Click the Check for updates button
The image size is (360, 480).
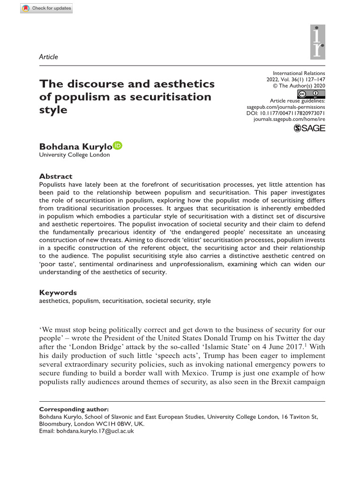coord(46,8)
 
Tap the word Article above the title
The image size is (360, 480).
coord(49,57)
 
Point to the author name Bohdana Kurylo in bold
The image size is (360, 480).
coord(75,146)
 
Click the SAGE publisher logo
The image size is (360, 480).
coord(309,128)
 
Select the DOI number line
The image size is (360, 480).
coord(285,113)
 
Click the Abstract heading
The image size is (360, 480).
coord(56,176)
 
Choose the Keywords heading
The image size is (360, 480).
coord(58,292)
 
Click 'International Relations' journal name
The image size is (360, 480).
coord(299,73)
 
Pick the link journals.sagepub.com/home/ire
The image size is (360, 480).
coord(289,120)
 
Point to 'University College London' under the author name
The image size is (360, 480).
coord(75,155)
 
